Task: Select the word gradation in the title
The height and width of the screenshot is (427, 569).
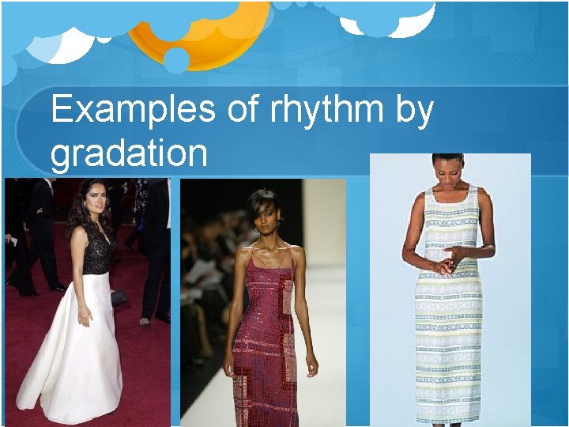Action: coord(129,153)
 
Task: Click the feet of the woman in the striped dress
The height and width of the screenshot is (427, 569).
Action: coord(448,424)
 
